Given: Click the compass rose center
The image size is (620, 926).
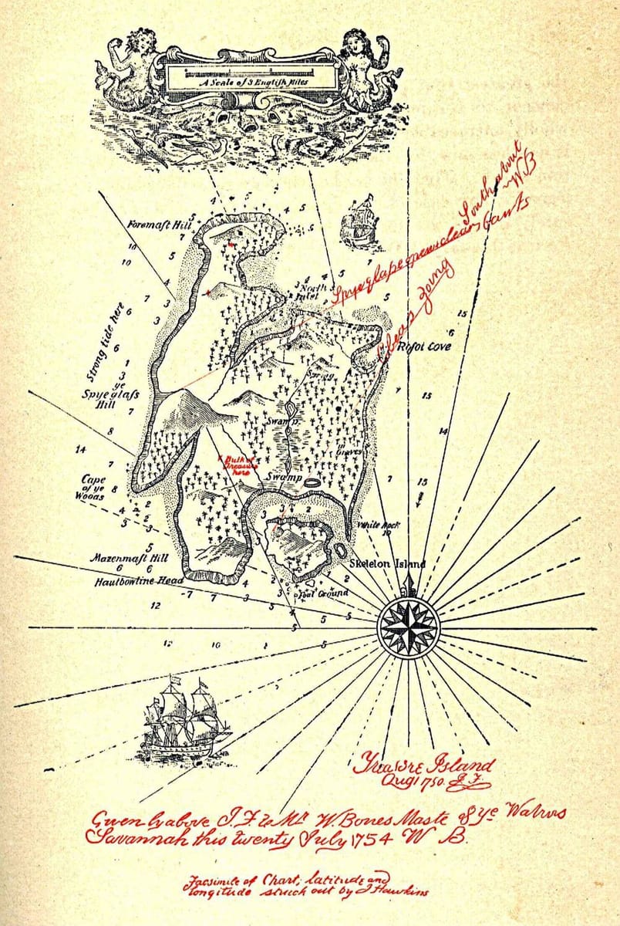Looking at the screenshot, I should click(x=408, y=626).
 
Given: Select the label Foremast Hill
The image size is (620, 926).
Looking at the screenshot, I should click(x=158, y=225).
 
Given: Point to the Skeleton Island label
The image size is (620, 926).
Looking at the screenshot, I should click(x=387, y=564).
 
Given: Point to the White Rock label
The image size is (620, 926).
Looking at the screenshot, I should click(x=378, y=526).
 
